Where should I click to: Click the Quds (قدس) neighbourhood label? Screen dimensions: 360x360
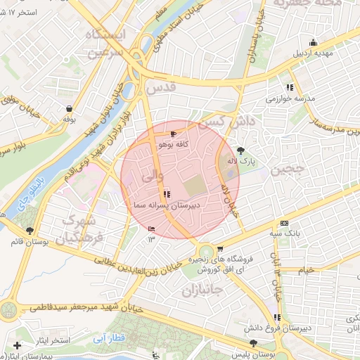(x=161, y=89)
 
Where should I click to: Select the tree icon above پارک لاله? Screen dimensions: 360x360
(x=241, y=150)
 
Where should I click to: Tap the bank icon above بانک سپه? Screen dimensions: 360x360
(x=283, y=222)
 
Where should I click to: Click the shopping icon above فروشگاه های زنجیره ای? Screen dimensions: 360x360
(x=221, y=248)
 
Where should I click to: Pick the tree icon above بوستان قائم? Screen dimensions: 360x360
(x=30, y=231)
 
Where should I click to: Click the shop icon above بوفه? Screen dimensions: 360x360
(x=69, y=108)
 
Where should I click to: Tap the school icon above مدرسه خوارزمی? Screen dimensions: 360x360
(x=290, y=88)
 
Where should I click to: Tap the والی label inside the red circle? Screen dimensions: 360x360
(x=153, y=176)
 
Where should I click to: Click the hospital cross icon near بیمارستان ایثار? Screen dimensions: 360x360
(x=17, y=346)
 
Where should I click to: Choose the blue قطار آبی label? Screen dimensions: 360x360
(x=108, y=338)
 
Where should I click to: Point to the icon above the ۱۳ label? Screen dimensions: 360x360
(x=152, y=229)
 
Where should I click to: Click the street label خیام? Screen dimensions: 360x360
(x=306, y=270)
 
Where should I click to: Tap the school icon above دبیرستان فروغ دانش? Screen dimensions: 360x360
(x=276, y=316)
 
